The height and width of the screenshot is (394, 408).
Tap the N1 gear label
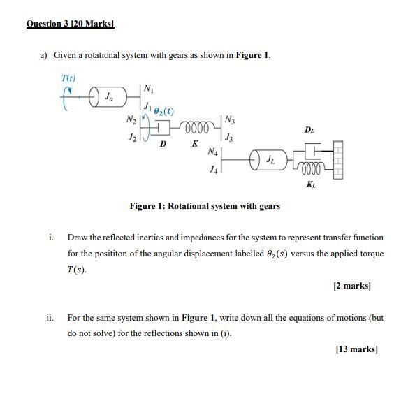pyautogui.click(x=149, y=88)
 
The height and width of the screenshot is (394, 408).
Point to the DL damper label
pyautogui.click(x=309, y=130)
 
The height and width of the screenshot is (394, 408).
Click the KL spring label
pyautogui.click(x=310, y=184)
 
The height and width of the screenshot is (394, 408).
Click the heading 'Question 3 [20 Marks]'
pyautogui.click(x=70, y=24)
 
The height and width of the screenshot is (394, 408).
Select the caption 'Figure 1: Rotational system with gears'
pyautogui.click(x=205, y=206)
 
